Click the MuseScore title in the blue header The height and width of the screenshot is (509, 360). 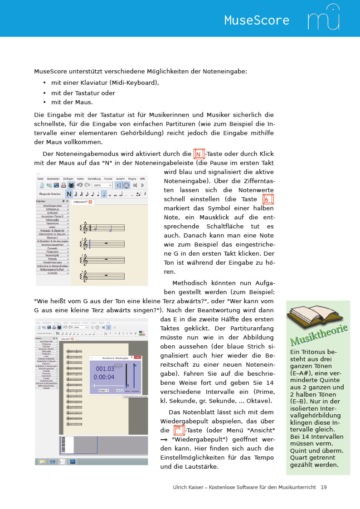[256, 20]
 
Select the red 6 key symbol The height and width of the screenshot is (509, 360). [268, 200]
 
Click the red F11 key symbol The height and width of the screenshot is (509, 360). [179, 430]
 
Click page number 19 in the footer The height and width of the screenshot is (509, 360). [323, 487]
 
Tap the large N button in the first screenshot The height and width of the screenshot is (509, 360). [69, 194]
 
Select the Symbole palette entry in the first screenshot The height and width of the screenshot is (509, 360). [53, 273]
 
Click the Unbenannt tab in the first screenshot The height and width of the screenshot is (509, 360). [82, 202]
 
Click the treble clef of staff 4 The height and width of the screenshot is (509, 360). [84, 276]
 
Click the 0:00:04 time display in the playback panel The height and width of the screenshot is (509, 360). [104, 377]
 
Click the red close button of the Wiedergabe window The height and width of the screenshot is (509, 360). [138, 357]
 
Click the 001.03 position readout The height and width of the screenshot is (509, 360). [105, 368]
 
